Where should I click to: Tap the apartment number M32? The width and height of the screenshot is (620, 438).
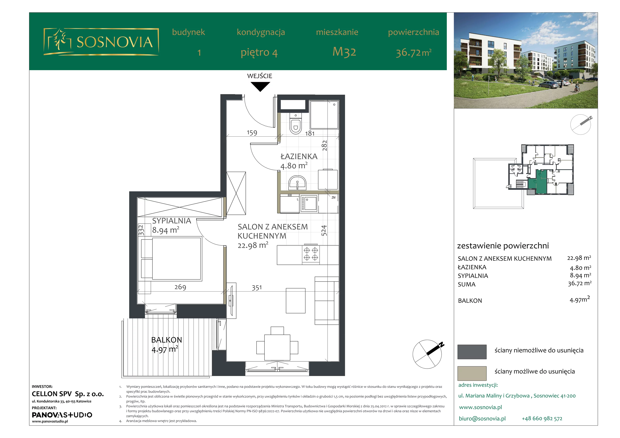tap(344, 52)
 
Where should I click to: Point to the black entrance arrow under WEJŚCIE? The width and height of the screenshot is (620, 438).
tap(260, 87)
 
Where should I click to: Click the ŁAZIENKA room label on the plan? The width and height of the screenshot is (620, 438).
tap(299, 156)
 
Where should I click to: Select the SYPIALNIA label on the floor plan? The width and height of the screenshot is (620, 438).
tap(171, 221)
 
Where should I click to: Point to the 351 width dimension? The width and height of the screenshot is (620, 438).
tap(257, 288)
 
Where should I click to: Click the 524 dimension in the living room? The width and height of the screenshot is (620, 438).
tap(324, 230)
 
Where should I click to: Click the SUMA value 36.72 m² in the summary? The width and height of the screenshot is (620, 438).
tap(580, 283)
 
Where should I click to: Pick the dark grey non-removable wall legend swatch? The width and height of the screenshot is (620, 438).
tap(472, 352)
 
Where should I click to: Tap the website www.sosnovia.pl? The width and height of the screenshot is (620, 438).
tap(480, 407)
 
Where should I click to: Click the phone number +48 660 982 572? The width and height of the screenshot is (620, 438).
tap(542, 419)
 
